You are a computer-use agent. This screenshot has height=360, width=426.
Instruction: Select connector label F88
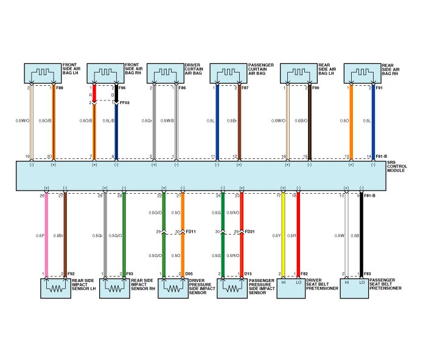pyautogui.click(x=59, y=88)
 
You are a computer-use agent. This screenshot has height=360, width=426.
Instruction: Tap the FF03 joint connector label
pyautogui.click(x=125, y=103)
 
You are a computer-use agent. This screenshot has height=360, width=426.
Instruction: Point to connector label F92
pyautogui.click(x=71, y=274)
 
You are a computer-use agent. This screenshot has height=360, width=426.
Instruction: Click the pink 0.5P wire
pyautogui.click(x=45, y=235)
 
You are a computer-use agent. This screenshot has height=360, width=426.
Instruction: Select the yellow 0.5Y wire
pyautogui.click(x=282, y=235)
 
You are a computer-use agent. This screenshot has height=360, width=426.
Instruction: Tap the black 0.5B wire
pyautogui.click(x=361, y=235)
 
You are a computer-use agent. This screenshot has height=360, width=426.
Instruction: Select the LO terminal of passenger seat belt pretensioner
pyautogui.click(x=361, y=282)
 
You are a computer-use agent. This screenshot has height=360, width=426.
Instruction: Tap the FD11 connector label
pyautogui.click(x=190, y=232)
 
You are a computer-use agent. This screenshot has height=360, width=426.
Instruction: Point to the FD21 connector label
pyautogui.click(x=250, y=232)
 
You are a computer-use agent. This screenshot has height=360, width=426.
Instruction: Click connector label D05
pyautogui.click(x=189, y=274)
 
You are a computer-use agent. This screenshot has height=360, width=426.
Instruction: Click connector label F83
pyautogui.click(x=368, y=274)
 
